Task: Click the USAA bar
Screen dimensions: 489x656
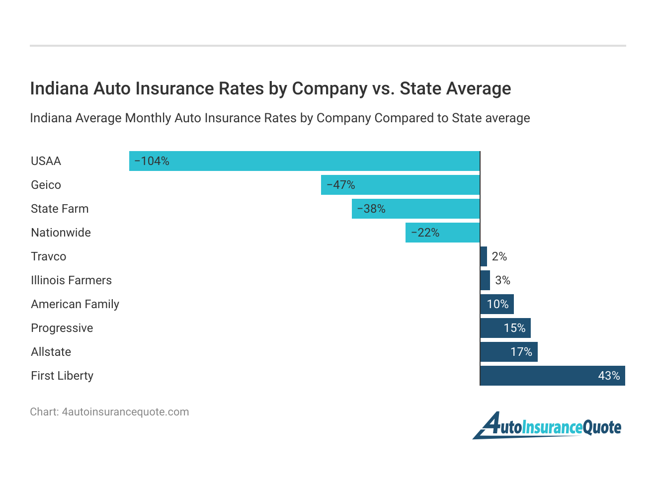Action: coord(304,161)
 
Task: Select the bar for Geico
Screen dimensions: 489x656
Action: coord(400,185)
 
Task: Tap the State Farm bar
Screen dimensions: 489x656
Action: coord(415,209)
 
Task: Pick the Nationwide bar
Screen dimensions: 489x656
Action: coord(442,233)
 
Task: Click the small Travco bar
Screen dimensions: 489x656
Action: coord(484,256)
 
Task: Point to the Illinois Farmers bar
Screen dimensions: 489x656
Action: coord(485,280)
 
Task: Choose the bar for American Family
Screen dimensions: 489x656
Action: coord(497,304)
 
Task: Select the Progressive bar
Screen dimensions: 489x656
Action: coord(505,328)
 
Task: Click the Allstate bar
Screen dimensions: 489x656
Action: coord(509,352)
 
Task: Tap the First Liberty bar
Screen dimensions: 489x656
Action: coord(552,376)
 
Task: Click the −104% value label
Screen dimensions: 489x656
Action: coord(152,161)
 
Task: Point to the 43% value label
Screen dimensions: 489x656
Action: coord(609,376)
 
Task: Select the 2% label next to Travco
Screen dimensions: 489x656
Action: coord(499,256)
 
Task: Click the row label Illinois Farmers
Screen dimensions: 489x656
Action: coord(71,280)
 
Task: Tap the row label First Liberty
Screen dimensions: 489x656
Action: coord(62,376)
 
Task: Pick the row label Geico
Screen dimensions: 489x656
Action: coord(46,185)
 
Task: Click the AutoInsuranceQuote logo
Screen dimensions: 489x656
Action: coord(547,426)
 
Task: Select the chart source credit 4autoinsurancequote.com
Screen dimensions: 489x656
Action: coord(125,412)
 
